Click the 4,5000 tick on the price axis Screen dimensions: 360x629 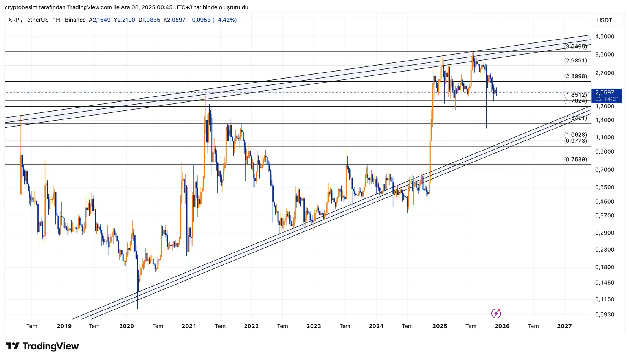pos(604,36)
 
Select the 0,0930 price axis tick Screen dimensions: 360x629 pos(604,314)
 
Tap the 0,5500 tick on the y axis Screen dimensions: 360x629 pos(604,187)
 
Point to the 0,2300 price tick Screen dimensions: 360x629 pos(604,250)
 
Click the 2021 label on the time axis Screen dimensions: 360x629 pos(189,326)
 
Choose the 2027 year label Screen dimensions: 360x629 pos(565,326)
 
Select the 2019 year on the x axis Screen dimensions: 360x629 pos(64,326)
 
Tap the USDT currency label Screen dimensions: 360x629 pos(604,20)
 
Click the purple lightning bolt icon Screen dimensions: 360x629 pos(496,313)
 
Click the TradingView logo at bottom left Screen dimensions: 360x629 pos(42,346)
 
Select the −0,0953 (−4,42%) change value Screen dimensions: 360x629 pos(213,20)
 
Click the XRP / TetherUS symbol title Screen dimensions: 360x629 pos(28,20)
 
